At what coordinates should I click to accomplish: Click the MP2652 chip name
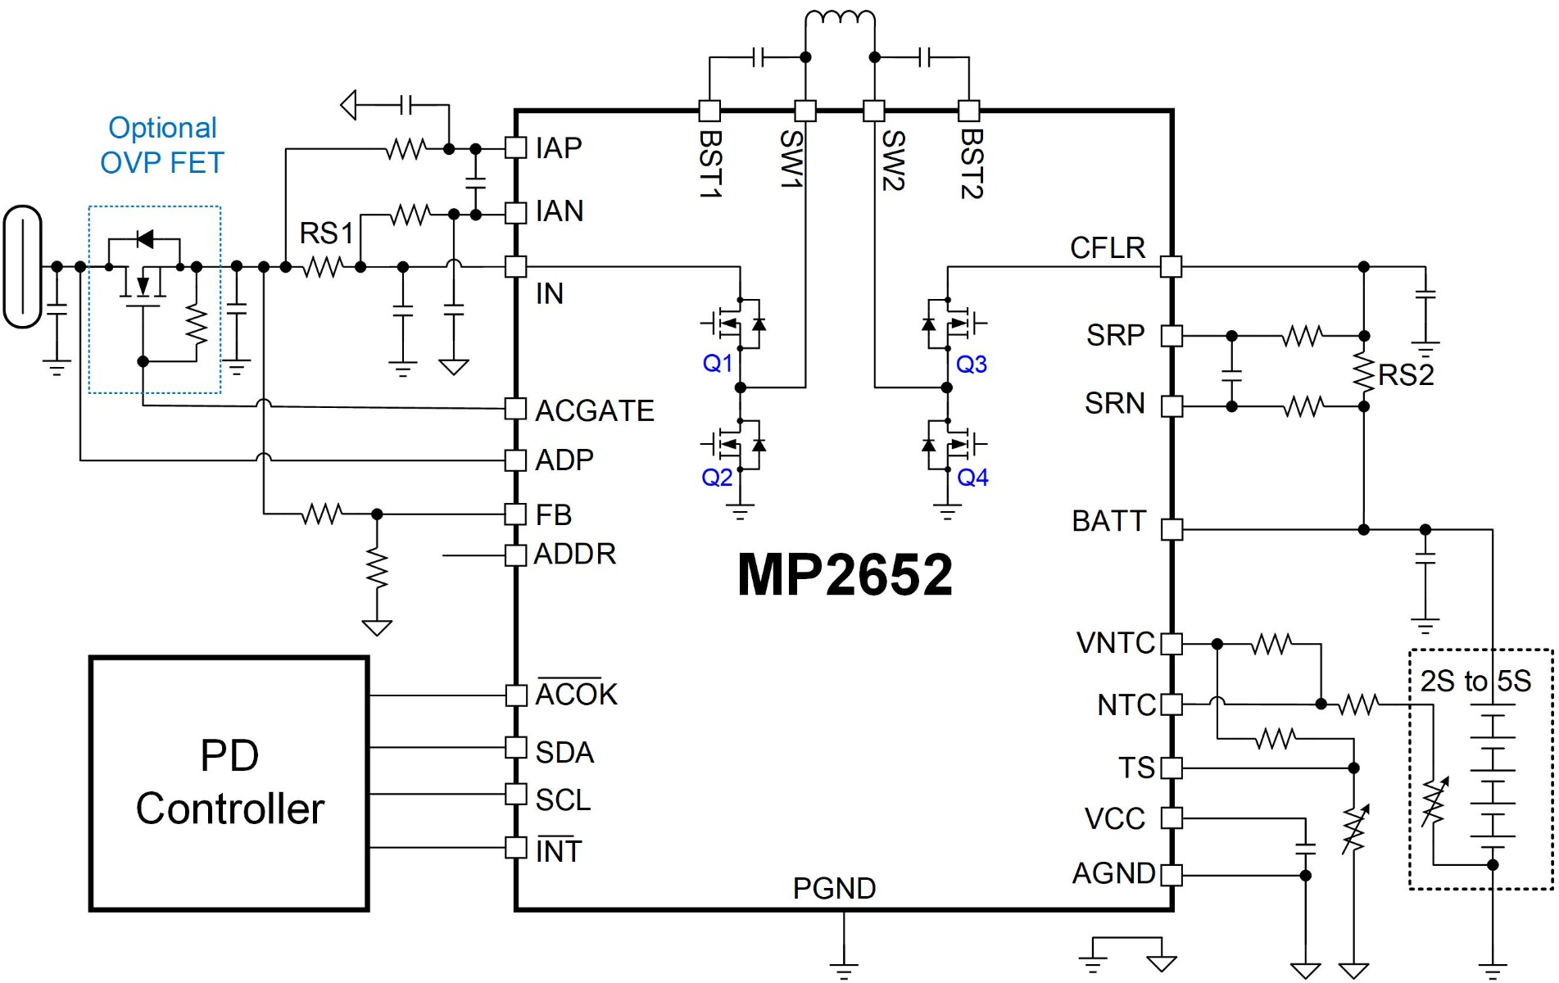[x=845, y=574]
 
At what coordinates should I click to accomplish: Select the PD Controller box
[x=229, y=783]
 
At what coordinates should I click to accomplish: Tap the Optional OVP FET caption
[x=162, y=145]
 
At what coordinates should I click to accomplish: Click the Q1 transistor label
[x=718, y=363]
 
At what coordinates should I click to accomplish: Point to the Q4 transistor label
[x=972, y=477]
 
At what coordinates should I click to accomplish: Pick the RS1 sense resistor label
[x=325, y=233]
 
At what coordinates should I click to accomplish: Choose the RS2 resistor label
[x=1406, y=375]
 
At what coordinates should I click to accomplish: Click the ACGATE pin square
[x=515, y=408]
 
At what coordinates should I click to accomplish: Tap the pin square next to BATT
[x=1172, y=529]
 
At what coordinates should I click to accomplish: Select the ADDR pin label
[x=574, y=555]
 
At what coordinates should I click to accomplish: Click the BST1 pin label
[x=709, y=164]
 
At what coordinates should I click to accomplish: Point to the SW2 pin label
[x=892, y=161]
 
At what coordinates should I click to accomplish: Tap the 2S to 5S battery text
[x=1475, y=681]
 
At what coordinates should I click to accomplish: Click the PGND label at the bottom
[x=834, y=888]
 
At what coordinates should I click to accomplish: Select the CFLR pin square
[x=1172, y=266]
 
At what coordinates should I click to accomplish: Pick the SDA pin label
[x=564, y=752]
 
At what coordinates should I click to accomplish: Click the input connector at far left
[x=22, y=267]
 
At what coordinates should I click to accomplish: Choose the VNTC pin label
[x=1115, y=643]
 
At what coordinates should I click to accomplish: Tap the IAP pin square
[x=515, y=147]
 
